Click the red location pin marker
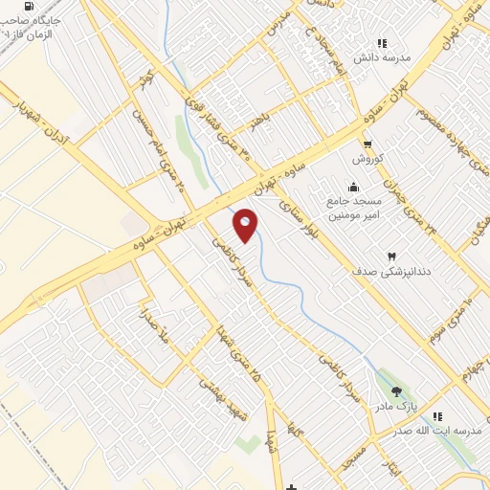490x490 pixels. [x=245, y=225]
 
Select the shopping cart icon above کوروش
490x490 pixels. [x=367, y=144]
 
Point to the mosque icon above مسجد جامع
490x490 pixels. [x=355, y=187]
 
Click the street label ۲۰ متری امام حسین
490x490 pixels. [x=165, y=164]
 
